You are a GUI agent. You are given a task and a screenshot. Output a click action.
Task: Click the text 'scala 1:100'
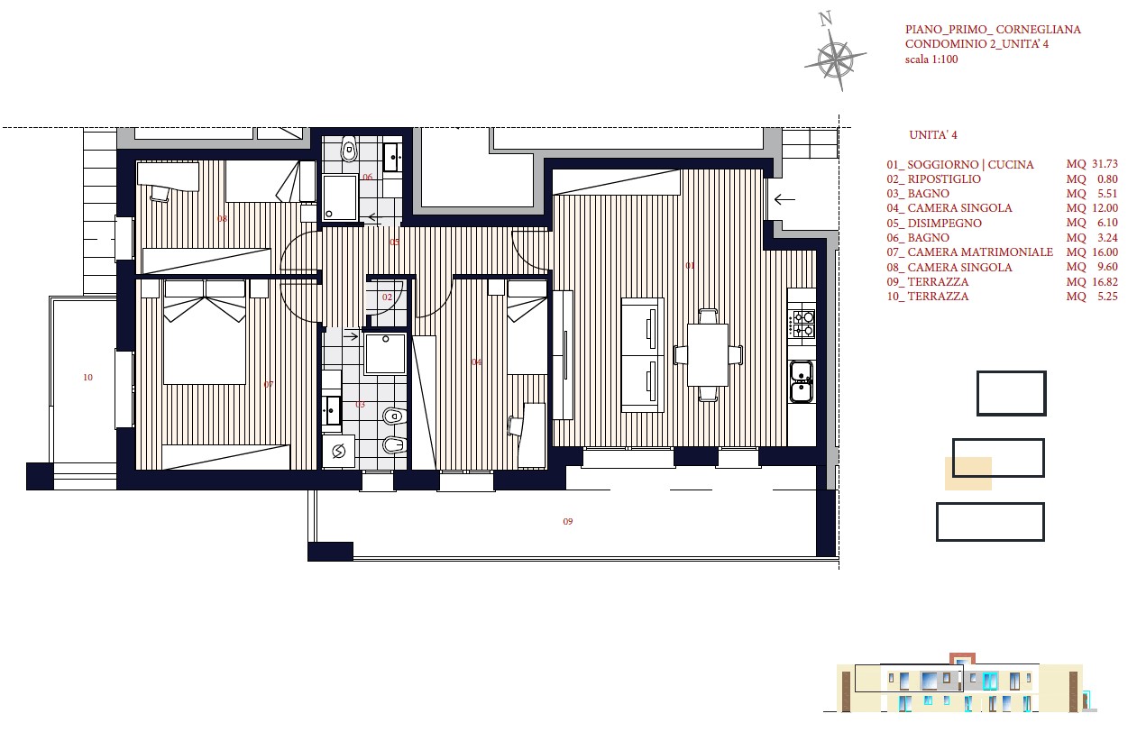(931, 59)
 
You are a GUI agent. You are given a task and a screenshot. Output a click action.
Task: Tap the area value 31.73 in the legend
(1105, 164)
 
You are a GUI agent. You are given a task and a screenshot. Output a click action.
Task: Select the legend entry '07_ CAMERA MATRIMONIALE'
(970, 252)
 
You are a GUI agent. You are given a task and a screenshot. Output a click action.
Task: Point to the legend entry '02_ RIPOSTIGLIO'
(934, 179)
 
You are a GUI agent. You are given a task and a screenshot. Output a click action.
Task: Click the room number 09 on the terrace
(568, 521)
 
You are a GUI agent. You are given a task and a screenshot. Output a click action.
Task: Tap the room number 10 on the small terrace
(87, 377)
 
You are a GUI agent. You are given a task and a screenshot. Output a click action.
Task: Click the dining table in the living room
(708, 355)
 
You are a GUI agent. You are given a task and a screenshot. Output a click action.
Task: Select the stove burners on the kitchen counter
(801, 325)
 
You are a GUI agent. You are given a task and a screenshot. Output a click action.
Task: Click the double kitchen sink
(802, 381)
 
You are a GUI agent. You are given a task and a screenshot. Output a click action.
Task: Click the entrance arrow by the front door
(784, 200)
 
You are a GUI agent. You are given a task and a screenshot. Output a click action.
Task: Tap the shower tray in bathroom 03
(385, 353)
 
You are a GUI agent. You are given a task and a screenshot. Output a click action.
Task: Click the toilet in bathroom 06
(349, 148)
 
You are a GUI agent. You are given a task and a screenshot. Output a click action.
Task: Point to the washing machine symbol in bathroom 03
(338, 451)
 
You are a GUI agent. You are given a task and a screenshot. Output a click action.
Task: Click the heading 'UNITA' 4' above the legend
(933, 135)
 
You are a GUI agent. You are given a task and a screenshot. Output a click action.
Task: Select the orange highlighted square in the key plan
(968, 473)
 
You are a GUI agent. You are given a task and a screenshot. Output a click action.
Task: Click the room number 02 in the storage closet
(388, 297)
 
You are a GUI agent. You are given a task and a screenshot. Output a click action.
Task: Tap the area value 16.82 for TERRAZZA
(1105, 282)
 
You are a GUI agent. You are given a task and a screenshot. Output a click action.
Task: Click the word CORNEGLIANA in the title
(1039, 30)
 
